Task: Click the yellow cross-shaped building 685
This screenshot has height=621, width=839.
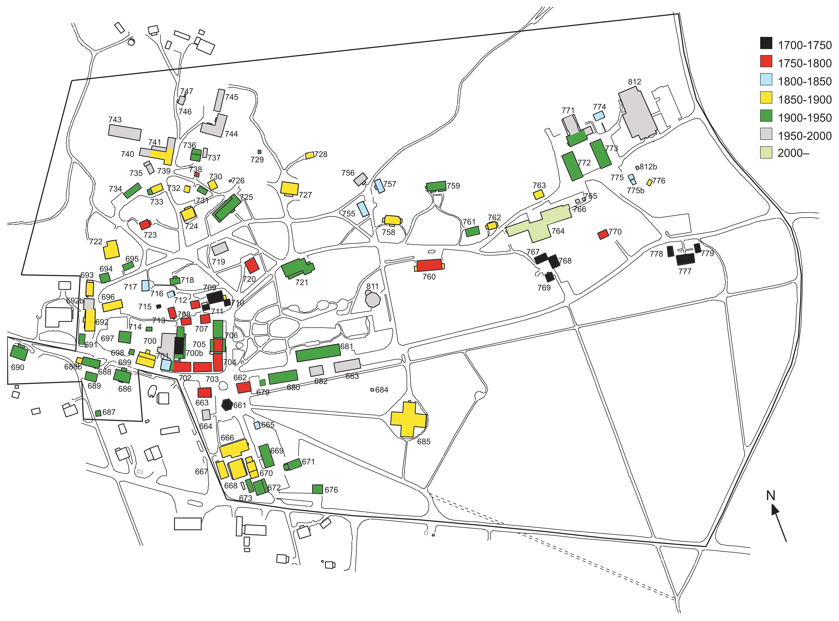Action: click(x=408, y=419)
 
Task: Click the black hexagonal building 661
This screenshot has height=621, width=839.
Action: click(x=227, y=405)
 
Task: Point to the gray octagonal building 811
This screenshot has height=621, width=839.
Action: click(x=373, y=300)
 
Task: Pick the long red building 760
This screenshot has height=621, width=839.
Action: click(x=429, y=265)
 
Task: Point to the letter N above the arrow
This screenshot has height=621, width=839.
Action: click(x=771, y=495)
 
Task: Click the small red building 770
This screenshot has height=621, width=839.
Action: click(x=603, y=234)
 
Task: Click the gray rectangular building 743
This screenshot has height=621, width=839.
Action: click(x=125, y=132)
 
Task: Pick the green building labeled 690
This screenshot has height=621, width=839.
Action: click(x=19, y=352)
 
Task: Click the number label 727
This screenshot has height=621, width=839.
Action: click(x=305, y=195)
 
